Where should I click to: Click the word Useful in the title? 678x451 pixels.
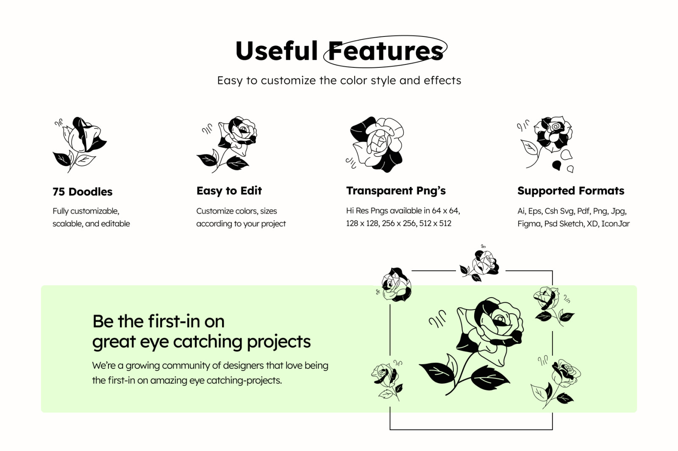(x=276, y=51)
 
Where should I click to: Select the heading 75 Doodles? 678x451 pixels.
(x=82, y=192)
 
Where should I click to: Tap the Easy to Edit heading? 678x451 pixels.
(x=229, y=191)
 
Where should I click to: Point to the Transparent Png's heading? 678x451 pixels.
(x=396, y=191)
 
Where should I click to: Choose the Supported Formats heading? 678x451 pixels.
(x=570, y=191)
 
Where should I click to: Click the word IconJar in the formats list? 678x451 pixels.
(x=615, y=223)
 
